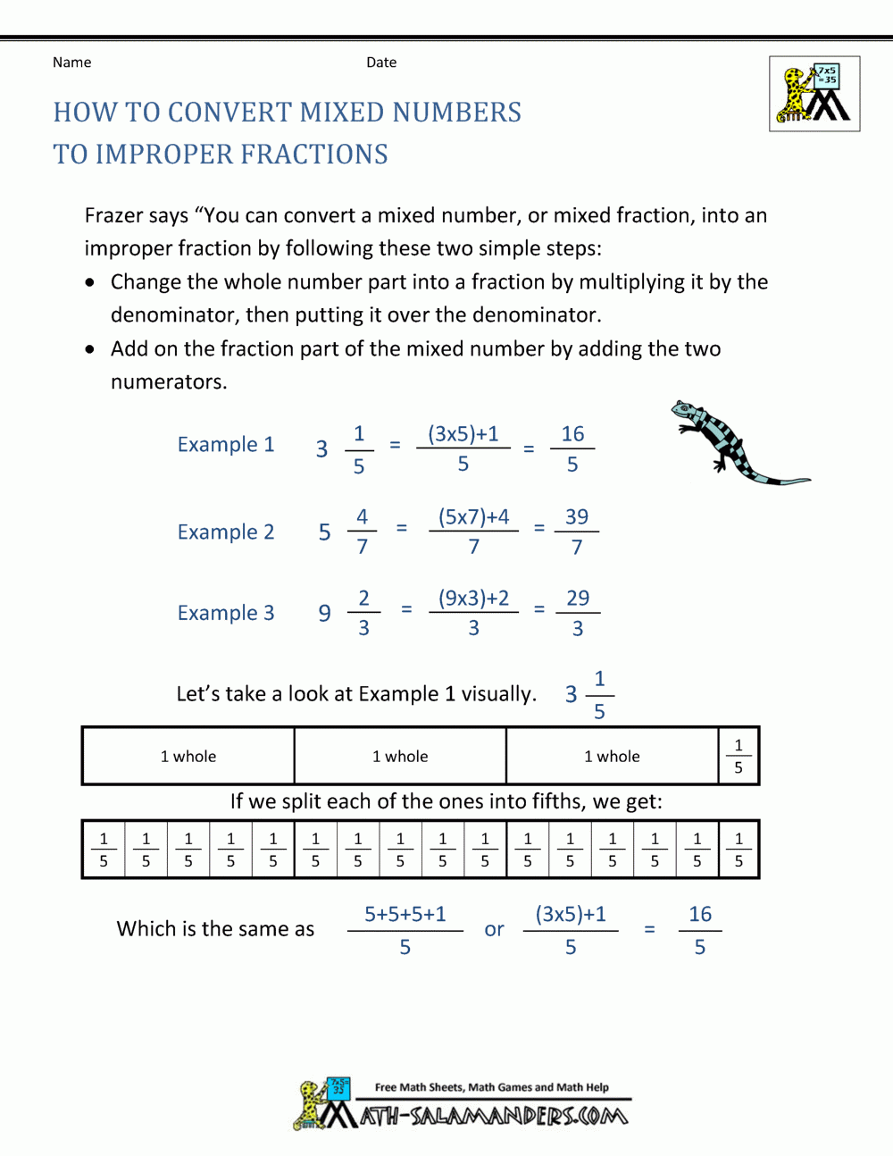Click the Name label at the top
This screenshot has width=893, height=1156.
71,63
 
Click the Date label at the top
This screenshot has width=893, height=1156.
381,63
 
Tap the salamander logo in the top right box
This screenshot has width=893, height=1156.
814,94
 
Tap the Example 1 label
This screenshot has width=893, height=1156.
226,445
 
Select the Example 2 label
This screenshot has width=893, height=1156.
226,532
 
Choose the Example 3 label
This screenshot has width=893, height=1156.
226,614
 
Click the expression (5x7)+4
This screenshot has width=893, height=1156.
473,517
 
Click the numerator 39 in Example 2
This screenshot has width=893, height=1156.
577,517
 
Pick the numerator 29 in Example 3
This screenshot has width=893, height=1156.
578,599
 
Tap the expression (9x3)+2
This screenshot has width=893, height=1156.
473,599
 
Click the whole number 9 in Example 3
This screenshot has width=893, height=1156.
325,614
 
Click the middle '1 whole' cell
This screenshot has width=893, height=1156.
400,757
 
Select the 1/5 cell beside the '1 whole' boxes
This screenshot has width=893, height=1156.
739,757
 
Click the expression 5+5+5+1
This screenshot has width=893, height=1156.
405,915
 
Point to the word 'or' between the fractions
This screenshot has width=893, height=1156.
494,930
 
